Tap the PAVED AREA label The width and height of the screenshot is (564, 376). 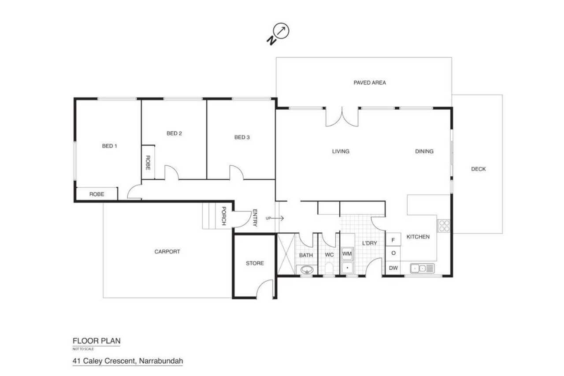tap(370, 82)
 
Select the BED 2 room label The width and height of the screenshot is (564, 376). tap(174, 133)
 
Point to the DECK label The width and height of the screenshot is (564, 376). tap(479, 169)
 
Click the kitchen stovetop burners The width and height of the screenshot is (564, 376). tap(444, 226)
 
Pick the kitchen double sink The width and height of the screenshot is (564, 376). tap(422, 268)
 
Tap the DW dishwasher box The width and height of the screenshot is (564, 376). tap(393, 268)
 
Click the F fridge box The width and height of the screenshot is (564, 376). tap(393, 240)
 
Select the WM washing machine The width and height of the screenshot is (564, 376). tap(347, 253)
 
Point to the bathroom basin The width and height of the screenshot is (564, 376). tap(307, 270)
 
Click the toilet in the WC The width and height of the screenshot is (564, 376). tap(329, 268)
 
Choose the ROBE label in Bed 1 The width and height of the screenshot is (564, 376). tap(96, 194)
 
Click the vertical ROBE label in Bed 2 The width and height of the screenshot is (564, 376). tap(148, 163)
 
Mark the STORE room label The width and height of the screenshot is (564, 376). tap(255, 263)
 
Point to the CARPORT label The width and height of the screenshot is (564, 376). tap(167, 252)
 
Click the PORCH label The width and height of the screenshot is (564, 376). tap(223, 216)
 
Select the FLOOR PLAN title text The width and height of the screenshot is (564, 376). tap(96, 341)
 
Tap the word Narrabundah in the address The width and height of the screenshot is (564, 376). tap(161, 361)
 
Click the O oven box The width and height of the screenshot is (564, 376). tap(393, 253)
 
